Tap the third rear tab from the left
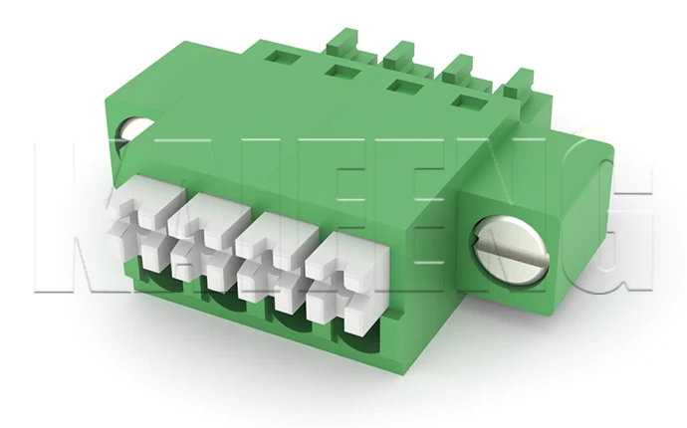(x=458, y=69)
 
